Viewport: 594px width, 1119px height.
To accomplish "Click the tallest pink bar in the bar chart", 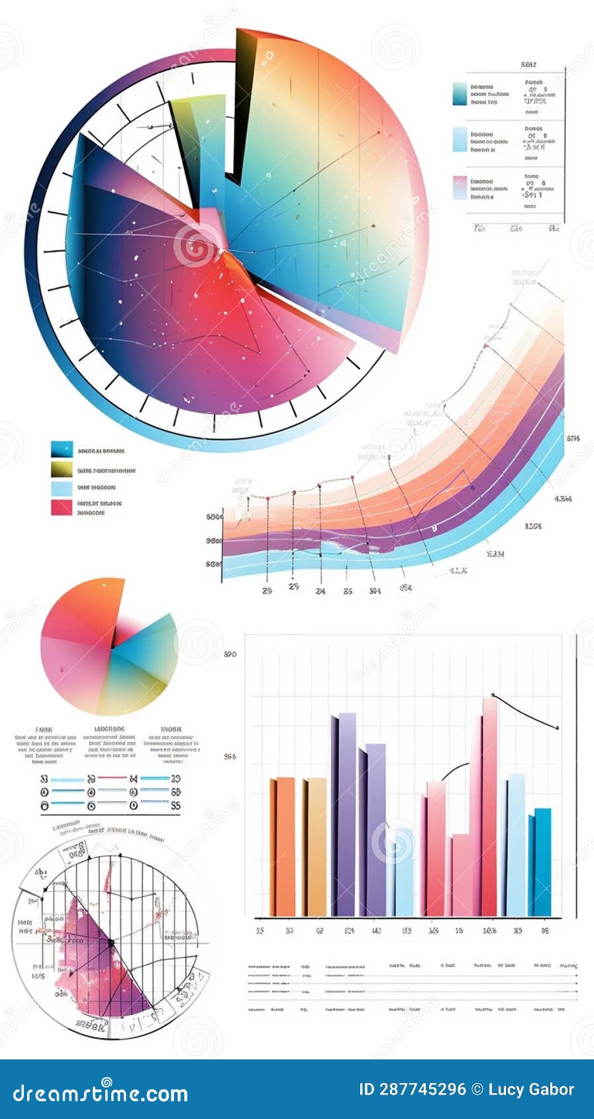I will (489, 808).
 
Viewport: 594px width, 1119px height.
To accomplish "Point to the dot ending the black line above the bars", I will (558, 728).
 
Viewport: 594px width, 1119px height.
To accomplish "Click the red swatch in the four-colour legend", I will (62, 507).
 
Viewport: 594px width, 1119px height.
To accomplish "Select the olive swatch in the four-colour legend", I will (62, 469).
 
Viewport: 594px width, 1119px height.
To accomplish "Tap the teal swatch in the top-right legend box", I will (459, 94).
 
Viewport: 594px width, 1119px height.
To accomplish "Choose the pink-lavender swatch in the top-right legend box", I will (459, 187).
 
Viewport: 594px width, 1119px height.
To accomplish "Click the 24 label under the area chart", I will (320, 591).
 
